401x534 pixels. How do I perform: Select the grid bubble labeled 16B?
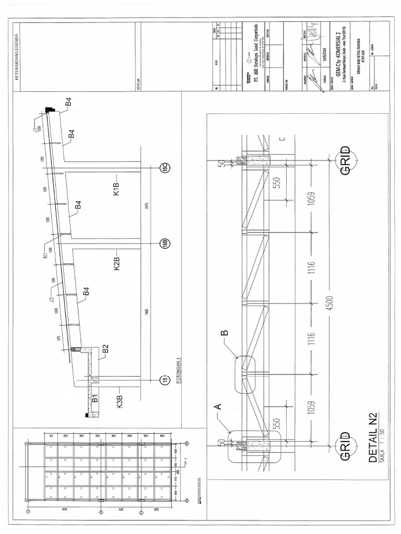[163, 244]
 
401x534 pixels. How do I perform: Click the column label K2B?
[117, 263]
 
